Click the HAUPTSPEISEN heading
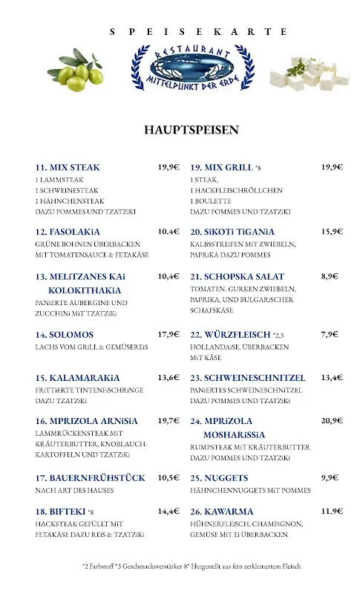(x=192, y=130)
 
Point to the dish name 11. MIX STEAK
(x=68, y=167)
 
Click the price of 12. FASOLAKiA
(x=168, y=231)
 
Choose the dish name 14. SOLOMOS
(x=65, y=334)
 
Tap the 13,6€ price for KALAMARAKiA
(x=168, y=377)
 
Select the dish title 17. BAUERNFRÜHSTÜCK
(x=90, y=477)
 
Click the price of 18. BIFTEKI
(x=168, y=512)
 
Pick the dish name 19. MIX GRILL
(x=222, y=167)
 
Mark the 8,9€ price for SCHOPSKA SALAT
(x=330, y=275)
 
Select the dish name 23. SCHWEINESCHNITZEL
(x=248, y=377)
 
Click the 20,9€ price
(x=332, y=420)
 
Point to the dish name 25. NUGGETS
(x=219, y=477)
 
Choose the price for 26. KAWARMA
(x=332, y=512)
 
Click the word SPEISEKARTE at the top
(x=197, y=31)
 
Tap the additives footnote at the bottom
(x=192, y=566)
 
